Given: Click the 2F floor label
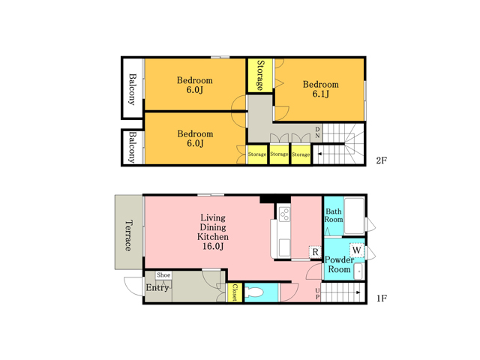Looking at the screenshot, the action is click(382, 160).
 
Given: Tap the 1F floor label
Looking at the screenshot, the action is click(382, 298).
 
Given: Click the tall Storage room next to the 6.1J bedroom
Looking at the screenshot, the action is click(260, 75).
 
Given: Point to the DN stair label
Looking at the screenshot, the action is click(317, 132).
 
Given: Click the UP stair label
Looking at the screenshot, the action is click(317, 294).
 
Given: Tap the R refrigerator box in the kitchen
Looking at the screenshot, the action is click(315, 252).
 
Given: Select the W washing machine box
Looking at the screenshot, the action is click(357, 250).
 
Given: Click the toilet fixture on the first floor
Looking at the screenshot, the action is click(253, 292).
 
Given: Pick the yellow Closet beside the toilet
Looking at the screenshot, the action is click(235, 292).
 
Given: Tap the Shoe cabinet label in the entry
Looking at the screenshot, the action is click(163, 275).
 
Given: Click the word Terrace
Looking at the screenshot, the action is click(129, 235).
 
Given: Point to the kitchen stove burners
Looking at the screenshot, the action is click(284, 214).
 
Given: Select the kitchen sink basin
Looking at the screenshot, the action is click(284, 247).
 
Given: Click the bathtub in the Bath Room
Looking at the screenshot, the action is click(354, 216).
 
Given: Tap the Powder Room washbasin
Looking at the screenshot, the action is click(358, 271).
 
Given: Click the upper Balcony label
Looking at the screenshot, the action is click(132, 89).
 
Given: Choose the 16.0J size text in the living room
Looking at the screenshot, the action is click(213, 246).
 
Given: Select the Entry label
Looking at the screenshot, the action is click(157, 288).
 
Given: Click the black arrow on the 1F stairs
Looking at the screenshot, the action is click(358, 292).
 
